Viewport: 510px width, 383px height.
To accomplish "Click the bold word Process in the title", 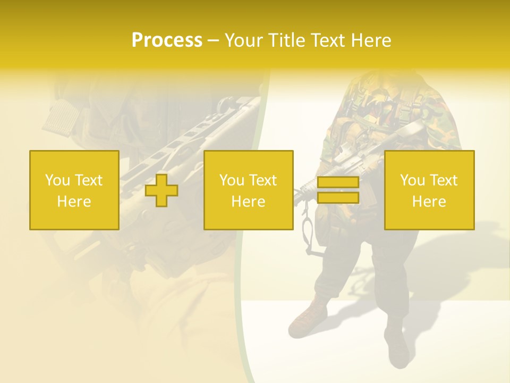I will [x=167, y=40].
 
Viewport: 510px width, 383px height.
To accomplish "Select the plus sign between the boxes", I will [x=161, y=190].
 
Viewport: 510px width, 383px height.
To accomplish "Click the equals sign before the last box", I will [x=338, y=190].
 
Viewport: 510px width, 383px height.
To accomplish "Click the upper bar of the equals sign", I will [x=338, y=182].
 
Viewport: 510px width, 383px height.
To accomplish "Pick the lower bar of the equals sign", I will [x=338, y=198].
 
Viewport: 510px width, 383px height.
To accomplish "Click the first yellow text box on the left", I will [x=74, y=190].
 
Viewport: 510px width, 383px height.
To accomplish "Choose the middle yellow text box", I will [x=248, y=190].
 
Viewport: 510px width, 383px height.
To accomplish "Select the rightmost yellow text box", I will [x=429, y=190].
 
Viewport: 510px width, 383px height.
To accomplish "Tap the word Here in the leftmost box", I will [x=74, y=202].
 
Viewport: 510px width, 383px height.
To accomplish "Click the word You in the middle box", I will [x=232, y=180].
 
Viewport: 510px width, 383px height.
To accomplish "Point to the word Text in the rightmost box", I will [x=443, y=180].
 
